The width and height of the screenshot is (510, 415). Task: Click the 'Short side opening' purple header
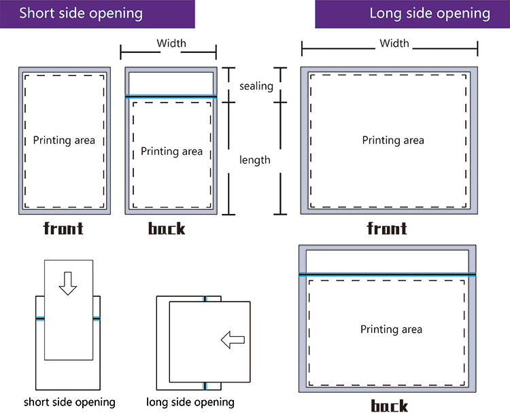point(81,14)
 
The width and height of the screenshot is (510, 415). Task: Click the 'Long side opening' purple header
point(429,14)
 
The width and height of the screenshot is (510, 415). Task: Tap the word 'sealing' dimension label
point(256,86)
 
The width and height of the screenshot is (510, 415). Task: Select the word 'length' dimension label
point(255,160)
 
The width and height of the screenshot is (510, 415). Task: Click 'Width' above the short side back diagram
point(171,43)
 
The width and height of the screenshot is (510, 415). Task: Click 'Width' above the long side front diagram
point(394,43)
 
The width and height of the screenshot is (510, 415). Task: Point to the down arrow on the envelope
point(67,283)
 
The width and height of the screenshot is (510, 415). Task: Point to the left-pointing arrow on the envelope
point(233,340)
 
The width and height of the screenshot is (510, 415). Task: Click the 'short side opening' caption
point(69,402)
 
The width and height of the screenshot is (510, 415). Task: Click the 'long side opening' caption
point(190,402)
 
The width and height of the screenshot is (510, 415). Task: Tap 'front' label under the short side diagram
point(63,228)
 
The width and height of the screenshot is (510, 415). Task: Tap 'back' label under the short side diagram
point(167,228)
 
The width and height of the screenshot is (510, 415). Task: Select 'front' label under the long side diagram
point(387,228)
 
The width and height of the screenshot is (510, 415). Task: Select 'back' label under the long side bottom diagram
point(390,406)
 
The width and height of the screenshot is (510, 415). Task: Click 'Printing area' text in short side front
point(64,141)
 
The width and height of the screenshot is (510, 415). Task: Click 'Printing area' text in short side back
point(171,151)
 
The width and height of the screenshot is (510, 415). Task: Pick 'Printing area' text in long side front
point(393,141)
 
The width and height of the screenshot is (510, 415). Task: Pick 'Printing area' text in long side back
point(391,329)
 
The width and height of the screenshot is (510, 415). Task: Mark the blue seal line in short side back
point(171,96)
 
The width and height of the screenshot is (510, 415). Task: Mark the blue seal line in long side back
point(387,274)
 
